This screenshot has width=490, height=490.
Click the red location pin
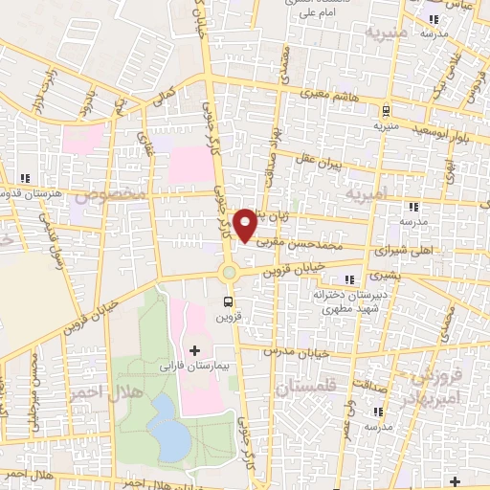246,224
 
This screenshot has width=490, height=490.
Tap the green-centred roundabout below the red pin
229,274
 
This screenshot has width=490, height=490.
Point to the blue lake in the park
169,431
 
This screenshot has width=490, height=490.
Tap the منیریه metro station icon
385,110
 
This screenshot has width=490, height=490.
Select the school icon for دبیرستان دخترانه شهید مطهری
347,278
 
